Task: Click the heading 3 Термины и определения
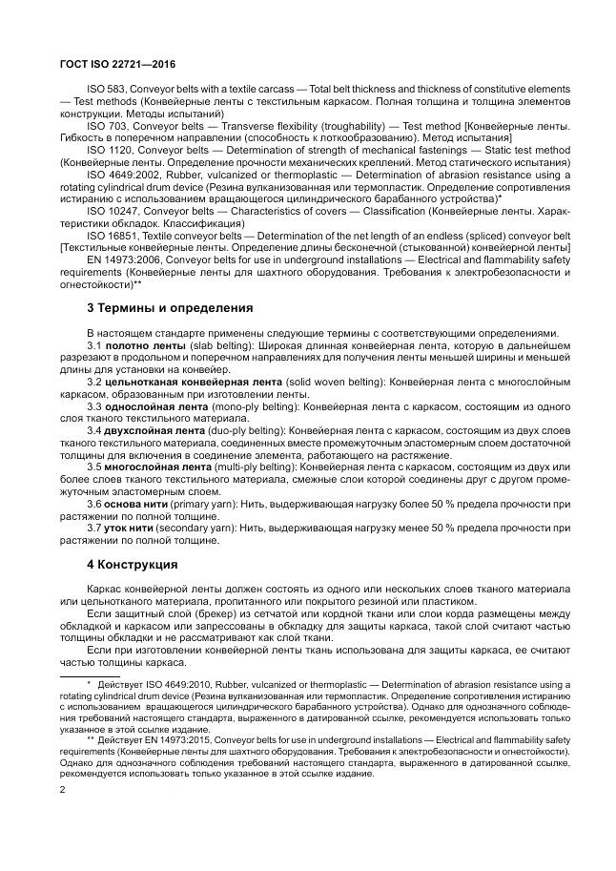(x=170, y=308)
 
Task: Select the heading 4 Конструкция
(x=132, y=563)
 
